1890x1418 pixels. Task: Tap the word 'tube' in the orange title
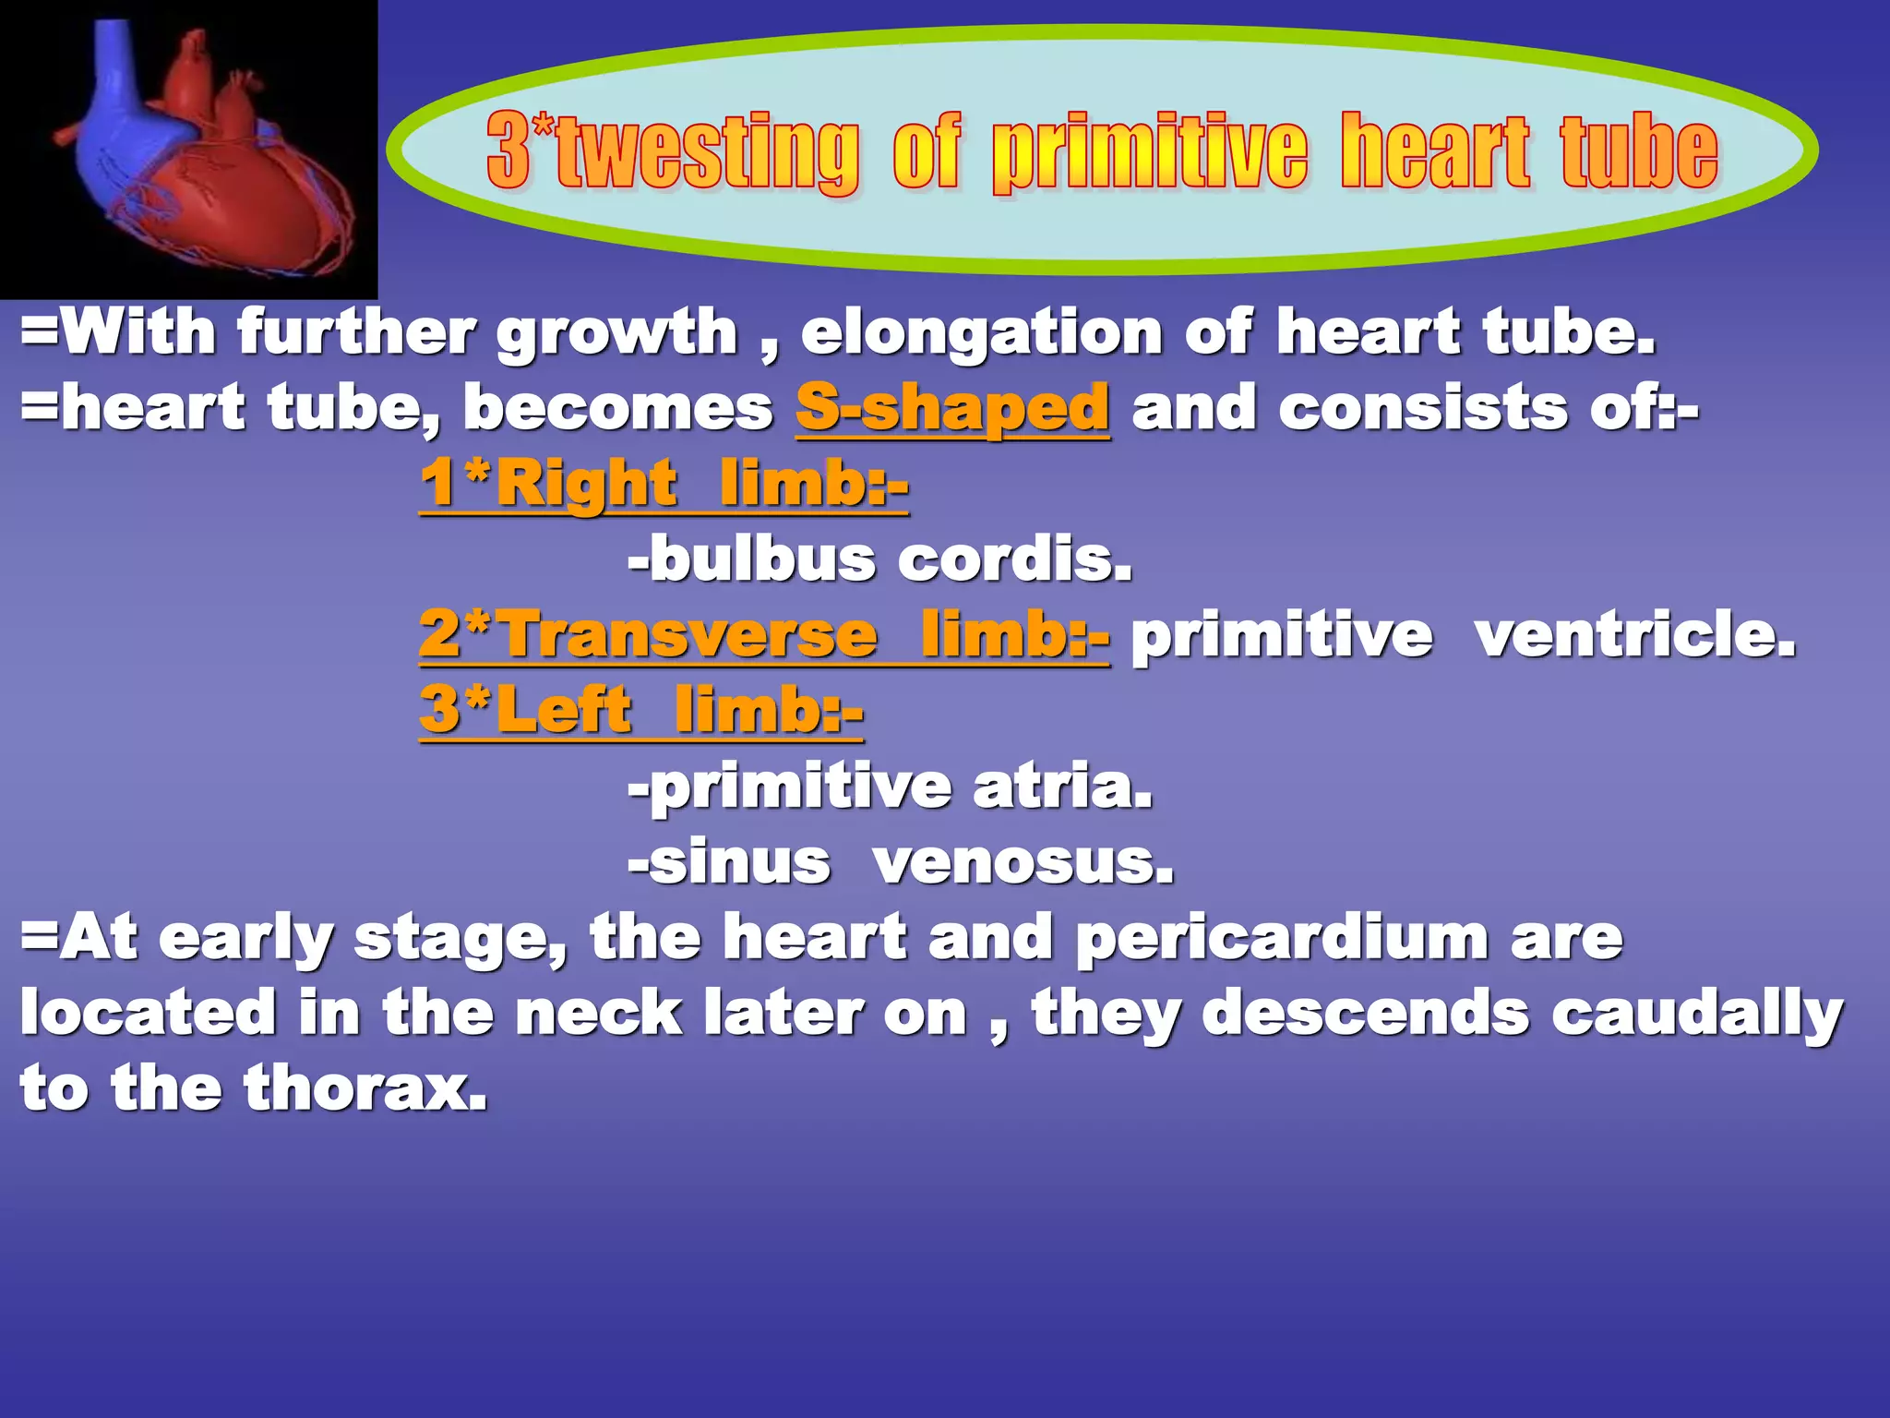[1639, 151]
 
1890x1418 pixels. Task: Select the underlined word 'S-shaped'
[952, 407]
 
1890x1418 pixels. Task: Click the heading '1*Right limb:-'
[664, 483]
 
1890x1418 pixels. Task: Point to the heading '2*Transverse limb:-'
[764, 634]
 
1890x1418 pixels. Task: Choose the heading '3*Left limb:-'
[640, 710]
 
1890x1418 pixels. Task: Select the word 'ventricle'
[1634, 635]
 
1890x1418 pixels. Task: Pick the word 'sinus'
[738, 862]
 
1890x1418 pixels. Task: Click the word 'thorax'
[365, 1088]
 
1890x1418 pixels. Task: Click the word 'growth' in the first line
[616, 333]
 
